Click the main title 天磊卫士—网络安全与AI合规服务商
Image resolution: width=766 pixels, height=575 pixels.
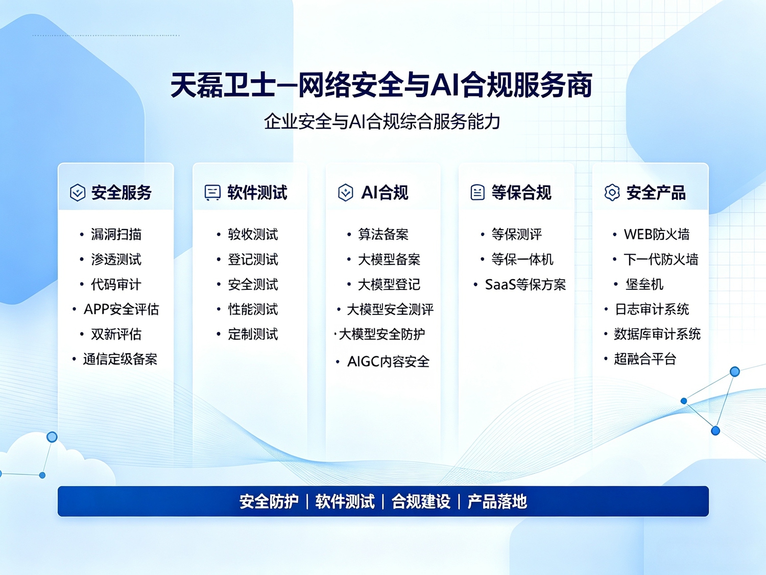[381, 85]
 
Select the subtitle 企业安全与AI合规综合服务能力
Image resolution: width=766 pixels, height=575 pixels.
[382, 122]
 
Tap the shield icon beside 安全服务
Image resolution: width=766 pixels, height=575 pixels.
[78, 192]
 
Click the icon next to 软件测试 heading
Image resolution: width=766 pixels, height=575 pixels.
[212, 192]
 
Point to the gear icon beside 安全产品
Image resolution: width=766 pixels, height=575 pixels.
[612, 192]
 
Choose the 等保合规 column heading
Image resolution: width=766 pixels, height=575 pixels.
[521, 192]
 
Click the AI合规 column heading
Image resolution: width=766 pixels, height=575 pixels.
[385, 192]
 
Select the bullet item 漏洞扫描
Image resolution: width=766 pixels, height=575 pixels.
[116, 234]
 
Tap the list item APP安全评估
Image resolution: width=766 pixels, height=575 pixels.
[122, 309]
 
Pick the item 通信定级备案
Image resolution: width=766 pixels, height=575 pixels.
[120, 359]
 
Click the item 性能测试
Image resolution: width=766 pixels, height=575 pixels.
[253, 309]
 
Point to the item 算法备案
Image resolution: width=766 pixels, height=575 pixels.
[383, 234]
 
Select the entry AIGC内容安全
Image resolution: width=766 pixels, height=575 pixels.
[389, 362]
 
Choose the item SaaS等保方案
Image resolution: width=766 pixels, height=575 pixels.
[525, 285]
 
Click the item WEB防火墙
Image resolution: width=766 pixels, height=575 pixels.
[657, 234]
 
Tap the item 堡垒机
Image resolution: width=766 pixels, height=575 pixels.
[644, 285]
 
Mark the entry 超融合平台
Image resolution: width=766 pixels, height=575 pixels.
[645, 359]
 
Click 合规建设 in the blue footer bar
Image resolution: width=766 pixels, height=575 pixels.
[421, 502]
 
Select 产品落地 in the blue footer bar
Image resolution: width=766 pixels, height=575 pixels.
[497, 502]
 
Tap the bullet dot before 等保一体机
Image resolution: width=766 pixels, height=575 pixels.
[482, 260]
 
